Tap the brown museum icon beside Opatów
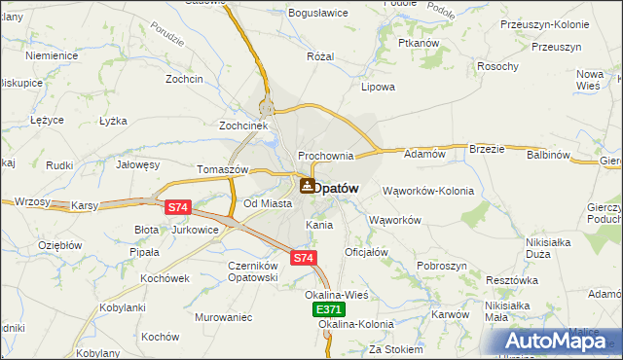click(307, 185)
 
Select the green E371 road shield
click(329, 308)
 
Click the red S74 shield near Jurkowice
click(176, 207)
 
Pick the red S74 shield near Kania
click(304, 258)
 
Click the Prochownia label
click(325, 156)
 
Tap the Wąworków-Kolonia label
click(428, 191)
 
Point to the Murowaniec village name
click(223, 317)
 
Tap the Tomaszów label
click(224, 169)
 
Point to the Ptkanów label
click(421, 44)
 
